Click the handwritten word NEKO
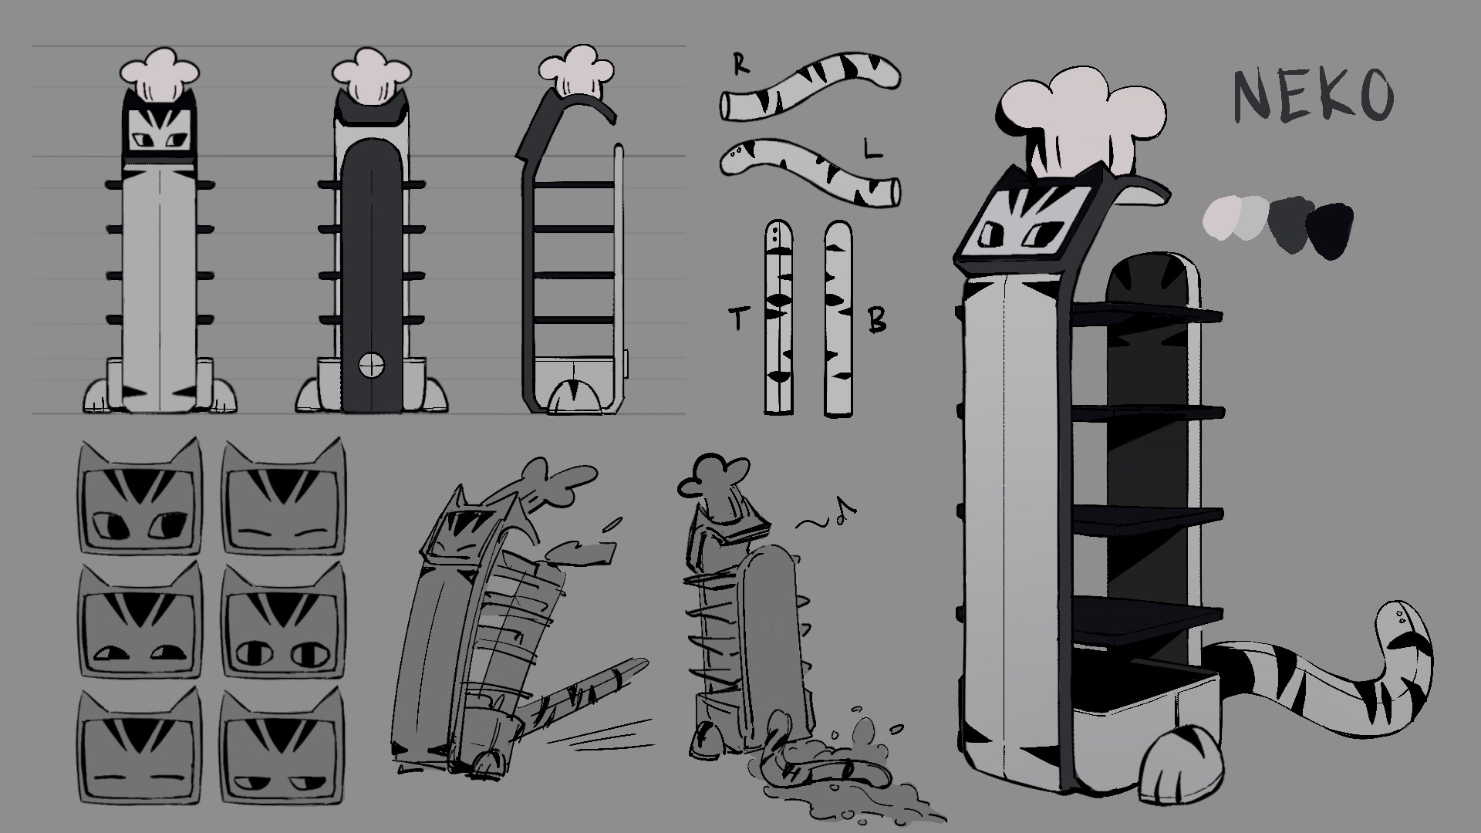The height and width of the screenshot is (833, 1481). [x=1314, y=96]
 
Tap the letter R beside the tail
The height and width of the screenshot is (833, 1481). [x=740, y=66]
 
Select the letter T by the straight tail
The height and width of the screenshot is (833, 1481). [x=740, y=319]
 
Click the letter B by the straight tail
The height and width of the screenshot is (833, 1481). [x=878, y=320]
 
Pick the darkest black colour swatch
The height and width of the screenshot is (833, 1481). [x=1330, y=230]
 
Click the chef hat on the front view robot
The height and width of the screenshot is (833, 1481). [x=160, y=75]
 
